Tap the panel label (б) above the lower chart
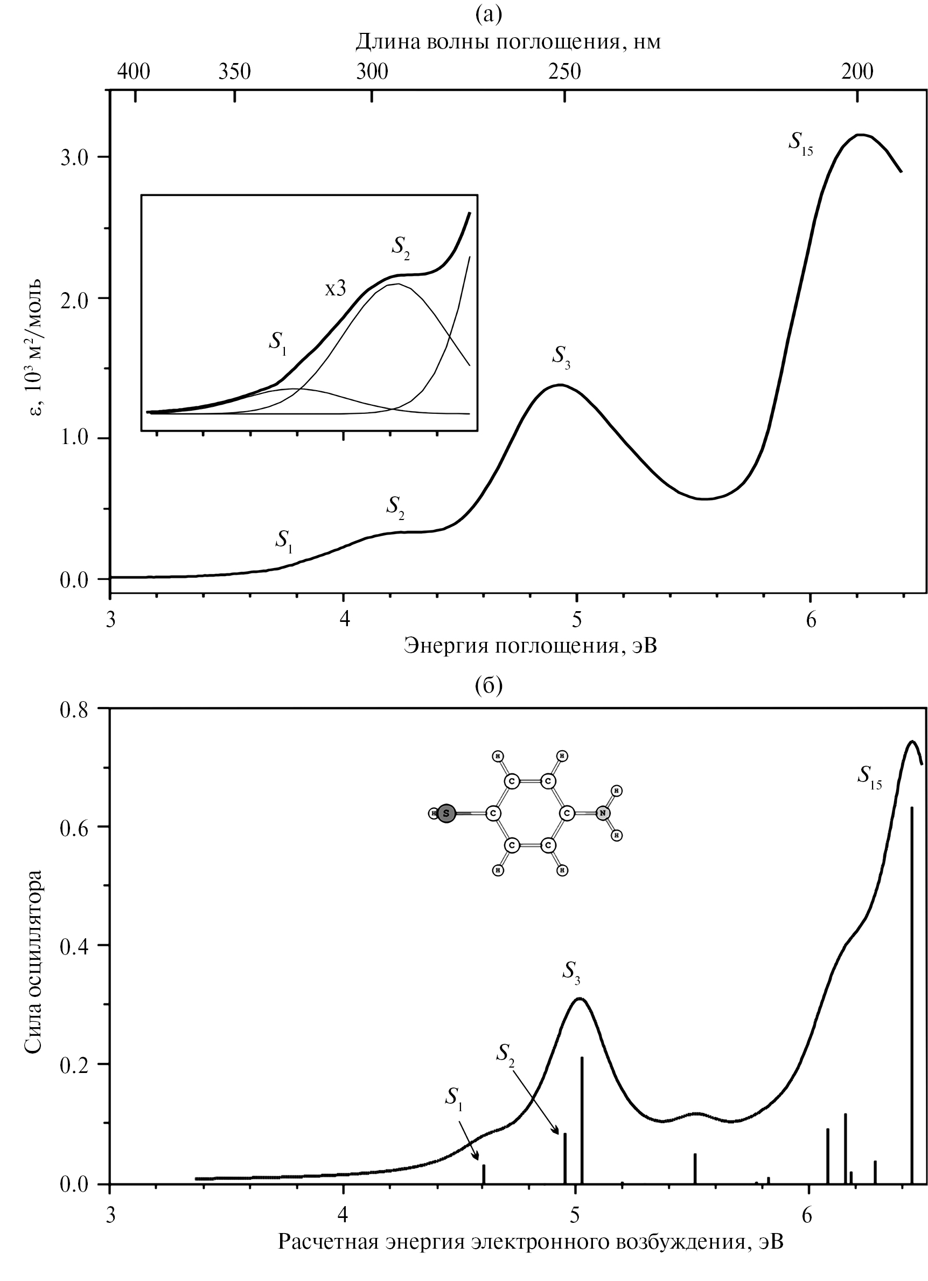(x=489, y=685)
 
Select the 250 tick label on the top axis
(x=565, y=72)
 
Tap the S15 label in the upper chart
(x=800, y=141)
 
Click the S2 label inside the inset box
(x=401, y=247)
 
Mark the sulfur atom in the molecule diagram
(x=446, y=813)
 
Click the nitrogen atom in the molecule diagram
(x=603, y=813)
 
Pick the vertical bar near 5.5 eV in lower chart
(x=695, y=1167)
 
